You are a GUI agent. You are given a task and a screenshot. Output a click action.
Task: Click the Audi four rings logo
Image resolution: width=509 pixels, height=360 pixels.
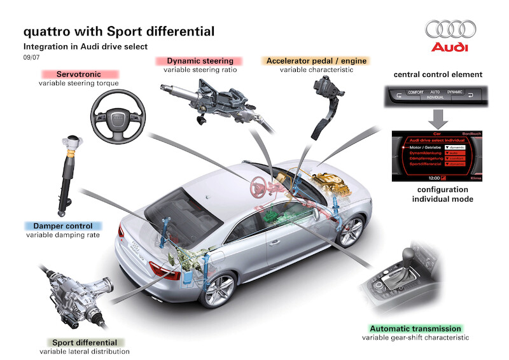click(450, 30)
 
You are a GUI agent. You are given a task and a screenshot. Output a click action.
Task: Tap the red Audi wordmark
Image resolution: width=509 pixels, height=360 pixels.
click(450, 48)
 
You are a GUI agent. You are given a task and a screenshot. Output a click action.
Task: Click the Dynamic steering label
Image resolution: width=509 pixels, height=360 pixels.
click(195, 61)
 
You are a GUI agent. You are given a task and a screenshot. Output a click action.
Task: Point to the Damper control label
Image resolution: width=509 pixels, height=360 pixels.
click(62, 226)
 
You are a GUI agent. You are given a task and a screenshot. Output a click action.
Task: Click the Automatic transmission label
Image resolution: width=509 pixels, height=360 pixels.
click(414, 329)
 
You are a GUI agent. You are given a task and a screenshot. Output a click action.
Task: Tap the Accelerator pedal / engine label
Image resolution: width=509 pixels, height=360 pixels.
click(316, 61)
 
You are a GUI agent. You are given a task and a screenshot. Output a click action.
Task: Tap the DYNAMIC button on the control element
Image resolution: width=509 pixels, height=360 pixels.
click(455, 93)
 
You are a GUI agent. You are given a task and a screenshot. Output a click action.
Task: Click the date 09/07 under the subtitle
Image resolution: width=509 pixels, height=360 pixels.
click(31, 57)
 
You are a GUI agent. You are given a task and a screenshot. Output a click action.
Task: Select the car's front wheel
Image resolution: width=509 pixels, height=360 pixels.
click(351, 232)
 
